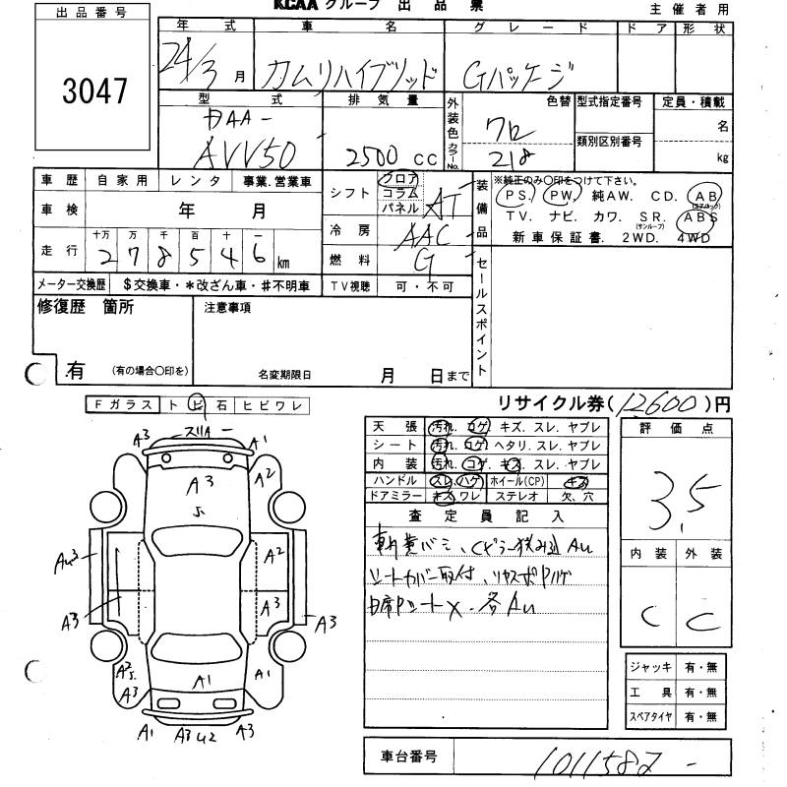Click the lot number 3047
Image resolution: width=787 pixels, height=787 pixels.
pos(94,91)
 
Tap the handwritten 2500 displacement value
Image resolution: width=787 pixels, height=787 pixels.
pos(365,152)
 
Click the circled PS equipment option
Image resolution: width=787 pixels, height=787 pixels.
pos(514,196)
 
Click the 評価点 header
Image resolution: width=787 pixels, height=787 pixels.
pos(678,429)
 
